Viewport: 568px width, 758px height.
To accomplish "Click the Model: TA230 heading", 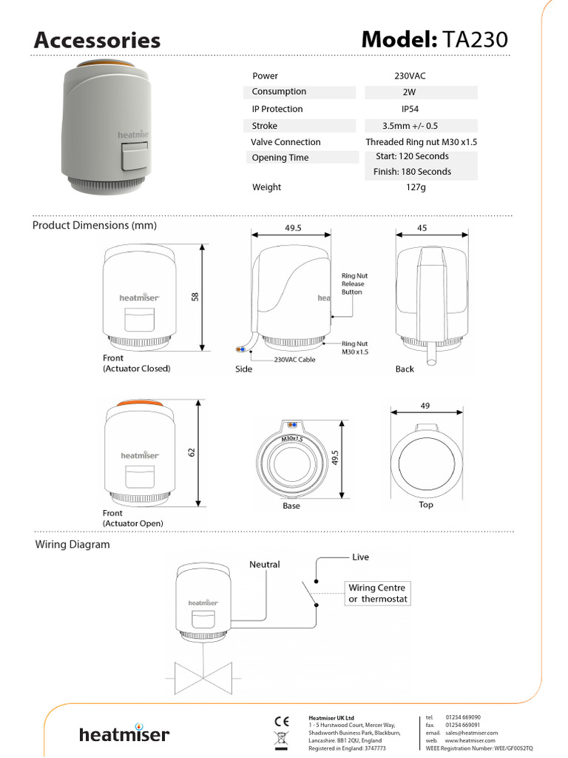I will [435, 40].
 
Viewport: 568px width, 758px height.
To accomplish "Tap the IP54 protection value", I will [421, 109].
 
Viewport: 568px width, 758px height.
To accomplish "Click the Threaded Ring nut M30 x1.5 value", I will [421, 142].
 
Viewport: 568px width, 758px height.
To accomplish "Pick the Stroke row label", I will [264, 126].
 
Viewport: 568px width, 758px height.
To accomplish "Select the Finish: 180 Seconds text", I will [412, 172].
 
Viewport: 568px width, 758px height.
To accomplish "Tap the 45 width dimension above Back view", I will [422, 229].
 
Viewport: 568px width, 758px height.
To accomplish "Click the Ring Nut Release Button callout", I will [354, 284].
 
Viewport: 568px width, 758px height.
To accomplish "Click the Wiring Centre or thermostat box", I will [377, 593].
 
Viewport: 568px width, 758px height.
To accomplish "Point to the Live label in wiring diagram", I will [360, 557].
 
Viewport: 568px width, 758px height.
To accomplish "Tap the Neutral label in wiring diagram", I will [264, 564].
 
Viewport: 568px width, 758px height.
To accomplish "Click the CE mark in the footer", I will [281, 721].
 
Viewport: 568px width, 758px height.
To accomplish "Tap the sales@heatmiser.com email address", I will [471, 733].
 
